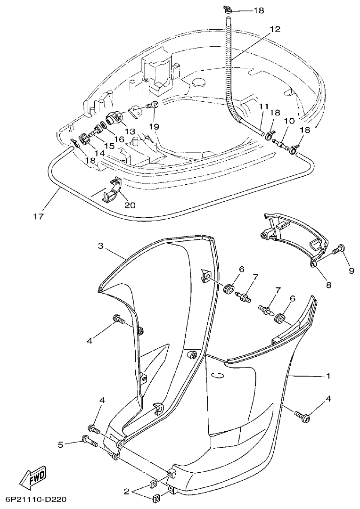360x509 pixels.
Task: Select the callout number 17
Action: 39,216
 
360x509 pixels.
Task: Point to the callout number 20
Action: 116,205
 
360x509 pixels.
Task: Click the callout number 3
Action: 100,246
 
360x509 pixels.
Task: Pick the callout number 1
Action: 328,376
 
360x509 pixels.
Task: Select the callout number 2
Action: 126,492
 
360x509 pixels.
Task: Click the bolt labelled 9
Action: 338,250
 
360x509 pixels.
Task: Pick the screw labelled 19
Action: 153,105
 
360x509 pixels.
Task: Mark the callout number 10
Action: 289,122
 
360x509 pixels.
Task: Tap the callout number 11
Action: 263,107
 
